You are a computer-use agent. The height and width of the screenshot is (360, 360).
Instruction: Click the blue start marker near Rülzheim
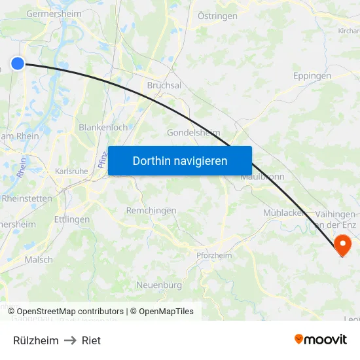pos(18,63)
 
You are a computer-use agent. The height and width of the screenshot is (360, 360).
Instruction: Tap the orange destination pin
pos(342,245)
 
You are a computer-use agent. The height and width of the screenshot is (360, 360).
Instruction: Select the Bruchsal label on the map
pos(164,86)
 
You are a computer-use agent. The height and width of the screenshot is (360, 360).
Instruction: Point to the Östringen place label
pos(217,15)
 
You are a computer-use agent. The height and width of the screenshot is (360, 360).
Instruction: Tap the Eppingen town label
pos(312,76)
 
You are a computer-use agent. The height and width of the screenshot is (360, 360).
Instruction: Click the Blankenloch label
pos(103,128)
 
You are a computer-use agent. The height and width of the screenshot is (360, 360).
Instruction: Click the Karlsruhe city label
pos(71,171)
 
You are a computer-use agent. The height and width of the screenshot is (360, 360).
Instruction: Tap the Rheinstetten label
pos(26,198)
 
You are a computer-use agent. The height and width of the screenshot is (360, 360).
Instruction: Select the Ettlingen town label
pos(71,220)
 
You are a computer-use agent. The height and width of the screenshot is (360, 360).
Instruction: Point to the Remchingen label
pos(151,211)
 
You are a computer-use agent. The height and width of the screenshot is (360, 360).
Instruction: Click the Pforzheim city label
pos(214,255)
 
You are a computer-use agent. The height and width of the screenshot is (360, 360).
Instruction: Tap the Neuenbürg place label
pos(158,285)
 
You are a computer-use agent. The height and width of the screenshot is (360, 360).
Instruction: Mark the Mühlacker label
pos(281,213)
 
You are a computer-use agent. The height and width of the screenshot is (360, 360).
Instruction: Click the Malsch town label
pos(39,260)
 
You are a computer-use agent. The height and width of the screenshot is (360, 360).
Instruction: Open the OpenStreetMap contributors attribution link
pos(70,312)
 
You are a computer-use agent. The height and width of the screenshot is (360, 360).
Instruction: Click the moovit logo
pos(320,339)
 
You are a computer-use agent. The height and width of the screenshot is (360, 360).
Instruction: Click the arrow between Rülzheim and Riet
pos(70,340)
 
